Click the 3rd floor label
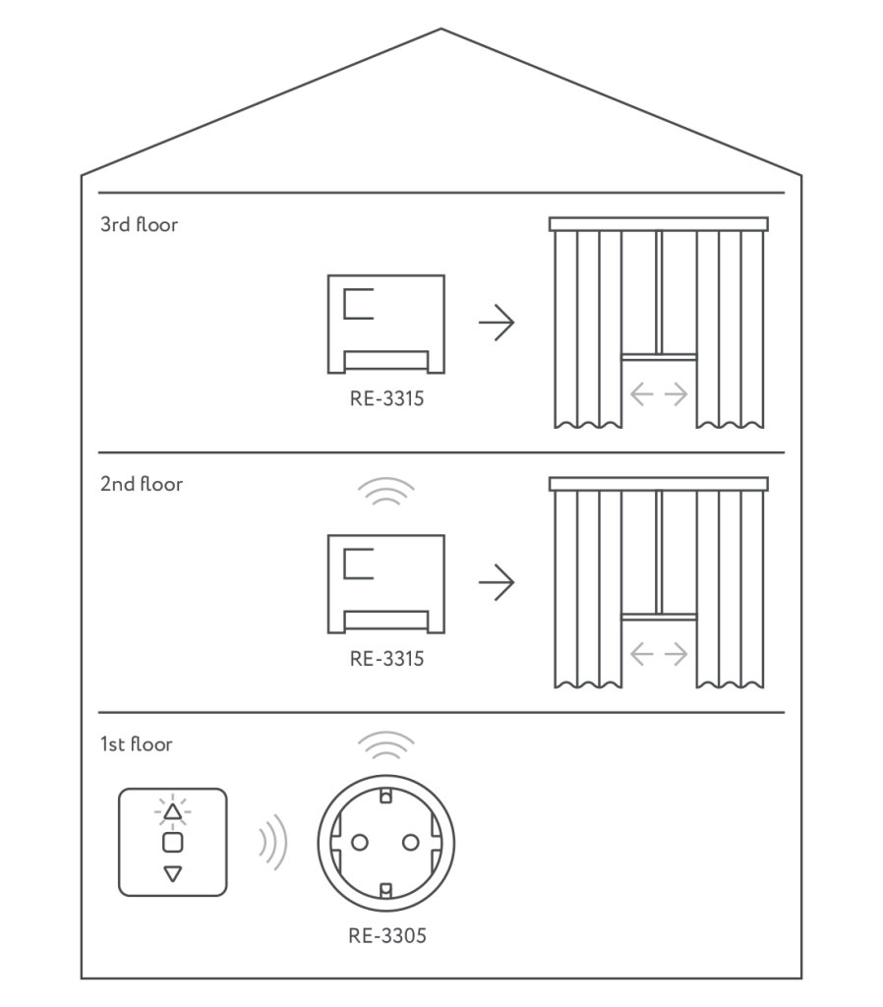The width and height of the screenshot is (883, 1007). pyautogui.click(x=140, y=225)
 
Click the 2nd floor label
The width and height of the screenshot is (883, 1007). pyautogui.click(x=142, y=485)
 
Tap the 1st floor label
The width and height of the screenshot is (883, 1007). pyautogui.click(x=137, y=744)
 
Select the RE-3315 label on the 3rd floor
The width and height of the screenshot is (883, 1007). pyautogui.click(x=387, y=400)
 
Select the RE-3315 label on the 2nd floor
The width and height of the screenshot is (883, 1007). pyautogui.click(x=387, y=660)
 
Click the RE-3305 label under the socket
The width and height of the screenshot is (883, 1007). pyautogui.click(x=387, y=936)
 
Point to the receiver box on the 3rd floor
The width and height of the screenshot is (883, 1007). pyautogui.click(x=385, y=324)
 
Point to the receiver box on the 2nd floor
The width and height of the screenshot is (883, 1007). pyautogui.click(x=385, y=583)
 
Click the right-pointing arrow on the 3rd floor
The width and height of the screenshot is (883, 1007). pyautogui.click(x=497, y=323)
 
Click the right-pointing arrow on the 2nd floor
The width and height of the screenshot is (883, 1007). pyautogui.click(x=497, y=582)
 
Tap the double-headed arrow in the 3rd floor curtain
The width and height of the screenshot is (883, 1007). pyautogui.click(x=659, y=395)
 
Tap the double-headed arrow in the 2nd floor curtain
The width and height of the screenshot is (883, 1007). pyautogui.click(x=659, y=654)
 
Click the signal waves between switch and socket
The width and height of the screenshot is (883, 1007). pyautogui.click(x=272, y=843)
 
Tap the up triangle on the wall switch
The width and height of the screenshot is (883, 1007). pyautogui.click(x=173, y=813)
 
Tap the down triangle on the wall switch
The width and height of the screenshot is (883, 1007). pyautogui.click(x=173, y=873)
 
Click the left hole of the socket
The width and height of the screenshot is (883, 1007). pyautogui.click(x=359, y=843)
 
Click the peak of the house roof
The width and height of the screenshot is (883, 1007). pyautogui.click(x=441, y=29)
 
